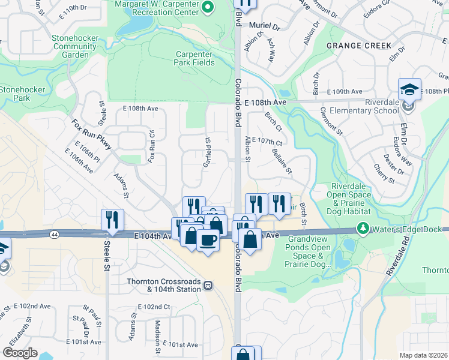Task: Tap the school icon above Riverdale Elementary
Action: coord(409,89)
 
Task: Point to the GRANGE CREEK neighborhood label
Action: coord(358,46)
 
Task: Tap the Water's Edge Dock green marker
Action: coord(363,229)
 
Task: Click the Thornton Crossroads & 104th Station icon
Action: coord(208,285)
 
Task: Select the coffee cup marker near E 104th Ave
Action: coord(208,240)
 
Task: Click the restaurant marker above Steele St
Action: coord(112,220)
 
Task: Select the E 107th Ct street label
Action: coord(267,140)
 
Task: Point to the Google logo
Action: coord(20,353)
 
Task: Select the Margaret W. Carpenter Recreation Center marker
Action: coord(208,7)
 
